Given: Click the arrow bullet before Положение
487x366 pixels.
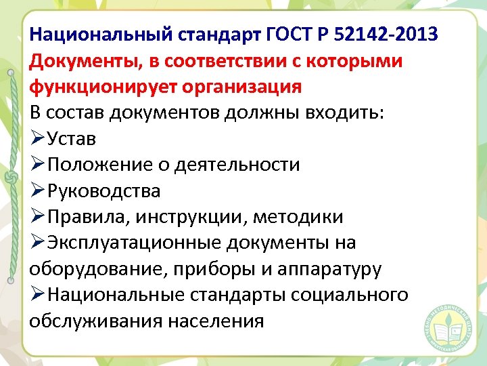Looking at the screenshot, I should (x=38, y=165).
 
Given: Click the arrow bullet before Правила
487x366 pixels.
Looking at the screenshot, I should (x=38, y=217).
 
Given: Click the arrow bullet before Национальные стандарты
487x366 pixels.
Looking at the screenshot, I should (x=38, y=295).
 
